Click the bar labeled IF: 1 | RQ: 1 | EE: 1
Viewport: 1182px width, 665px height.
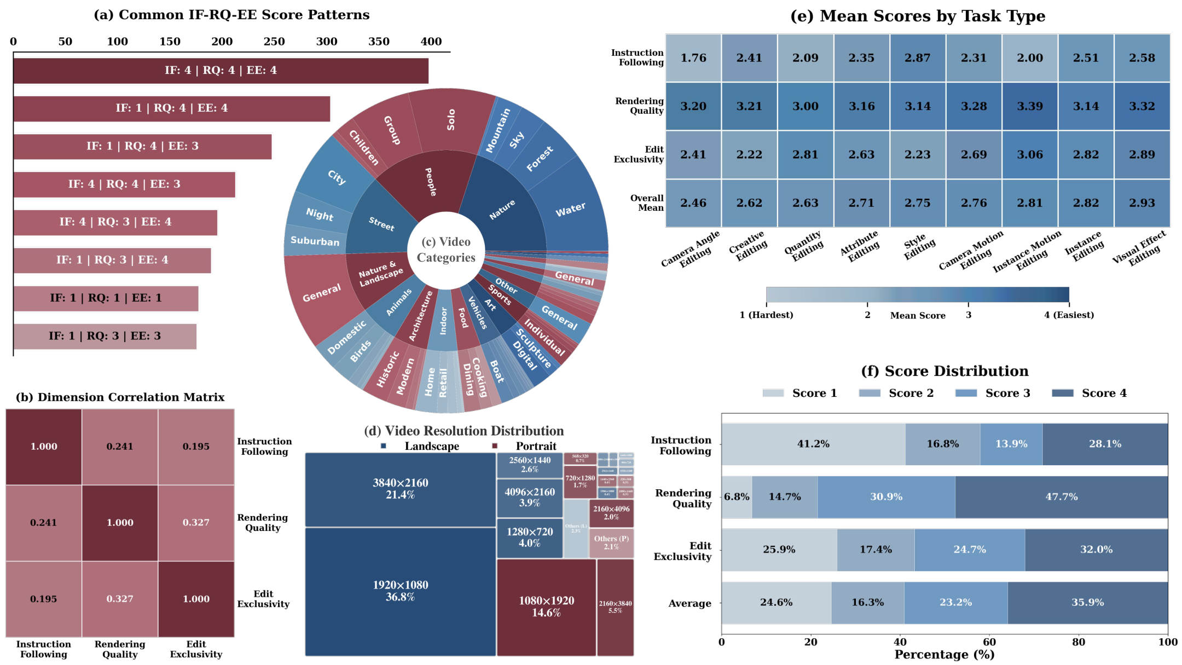point(106,298)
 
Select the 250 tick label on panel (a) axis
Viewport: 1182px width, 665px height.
point(274,42)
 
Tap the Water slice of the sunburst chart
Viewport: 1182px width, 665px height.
point(571,210)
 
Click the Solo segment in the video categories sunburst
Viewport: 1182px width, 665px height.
point(451,120)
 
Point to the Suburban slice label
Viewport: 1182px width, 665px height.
point(315,241)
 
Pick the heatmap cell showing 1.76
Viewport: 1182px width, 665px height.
point(693,58)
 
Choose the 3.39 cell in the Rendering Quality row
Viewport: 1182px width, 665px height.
point(1030,106)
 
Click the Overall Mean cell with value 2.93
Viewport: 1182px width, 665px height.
point(1142,203)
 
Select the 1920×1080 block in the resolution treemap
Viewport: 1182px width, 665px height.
point(400,591)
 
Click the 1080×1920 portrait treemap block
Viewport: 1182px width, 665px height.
point(546,607)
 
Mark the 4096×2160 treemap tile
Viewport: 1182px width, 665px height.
point(529,498)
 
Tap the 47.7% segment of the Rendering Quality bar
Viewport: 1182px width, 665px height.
point(1061,497)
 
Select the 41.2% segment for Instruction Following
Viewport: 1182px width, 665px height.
point(813,444)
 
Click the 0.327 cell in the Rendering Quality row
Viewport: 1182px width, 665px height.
point(196,523)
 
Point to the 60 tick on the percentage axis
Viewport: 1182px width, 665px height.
point(989,642)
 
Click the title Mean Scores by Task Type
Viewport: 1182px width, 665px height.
point(918,16)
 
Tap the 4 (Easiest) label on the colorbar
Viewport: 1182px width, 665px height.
point(1069,315)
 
